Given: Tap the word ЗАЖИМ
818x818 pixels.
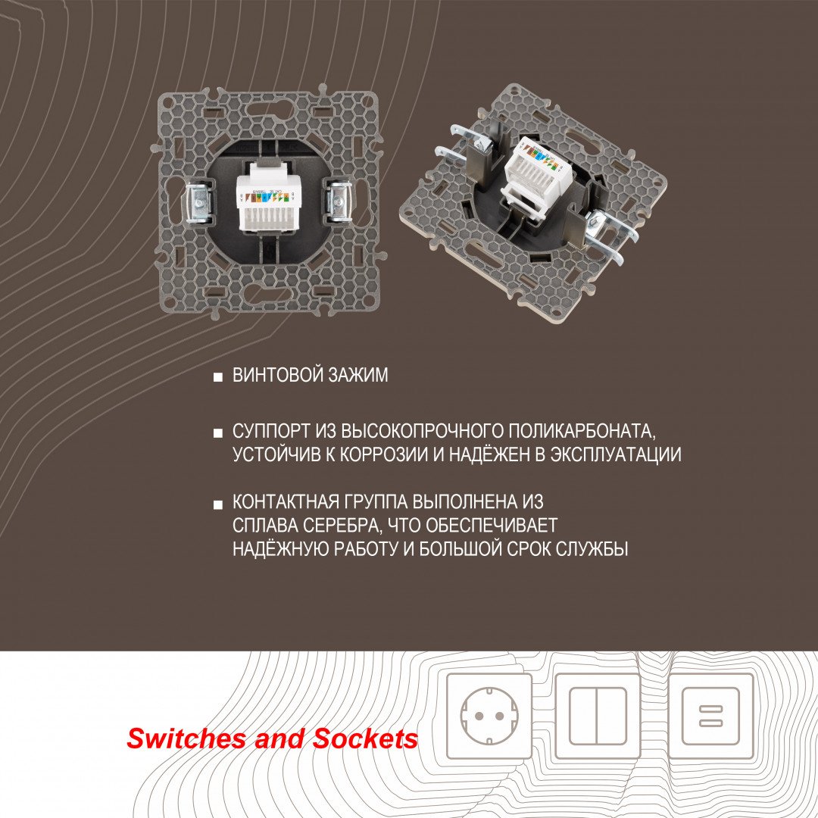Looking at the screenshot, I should tap(360, 376).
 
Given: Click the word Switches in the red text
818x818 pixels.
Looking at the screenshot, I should tap(186, 739).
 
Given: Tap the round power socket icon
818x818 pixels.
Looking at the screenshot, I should tap(489, 717).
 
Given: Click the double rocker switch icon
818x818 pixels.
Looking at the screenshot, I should tap(598, 717).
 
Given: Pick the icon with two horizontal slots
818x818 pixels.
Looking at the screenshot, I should tap(712, 717).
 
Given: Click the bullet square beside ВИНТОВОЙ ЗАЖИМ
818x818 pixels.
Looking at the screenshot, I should tap(218, 376).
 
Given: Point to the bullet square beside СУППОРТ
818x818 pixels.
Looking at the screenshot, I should tap(218, 432).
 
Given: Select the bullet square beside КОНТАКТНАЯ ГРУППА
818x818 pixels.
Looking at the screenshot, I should tap(218, 503).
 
